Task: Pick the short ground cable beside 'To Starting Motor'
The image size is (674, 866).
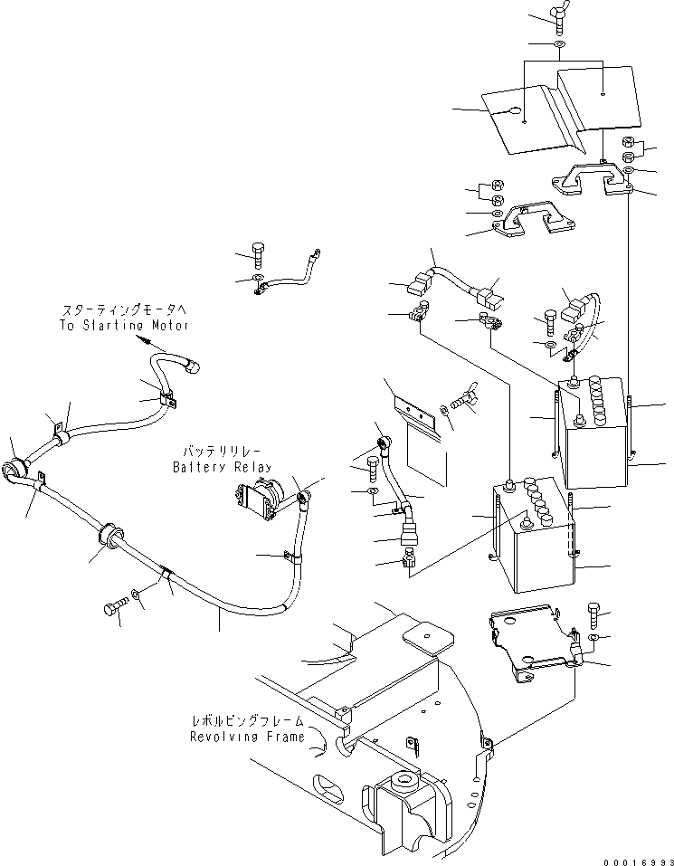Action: pos(285,271)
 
